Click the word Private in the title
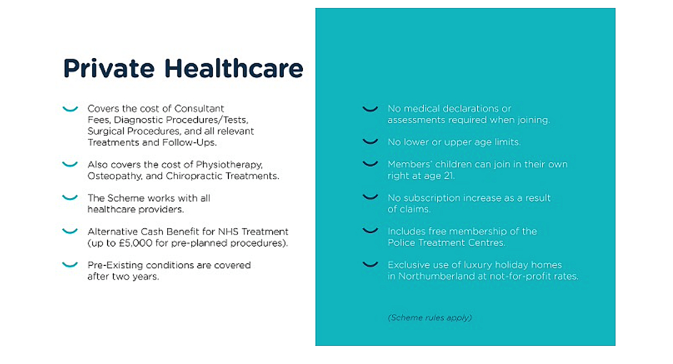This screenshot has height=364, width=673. click(x=109, y=68)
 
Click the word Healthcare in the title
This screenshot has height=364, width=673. click(x=234, y=68)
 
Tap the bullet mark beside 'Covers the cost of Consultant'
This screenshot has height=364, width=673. click(x=70, y=109)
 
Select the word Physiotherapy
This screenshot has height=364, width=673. click(x=229, y=165)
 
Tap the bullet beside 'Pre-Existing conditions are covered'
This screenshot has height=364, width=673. click(x=70, y=265)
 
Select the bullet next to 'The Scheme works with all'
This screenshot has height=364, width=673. click(x=70, y=198)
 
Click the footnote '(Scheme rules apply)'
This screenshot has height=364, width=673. click(x=430, y=318)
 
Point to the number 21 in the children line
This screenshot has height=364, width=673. click(x=449, y=176)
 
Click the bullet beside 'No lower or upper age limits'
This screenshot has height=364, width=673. click(x=371, y=141)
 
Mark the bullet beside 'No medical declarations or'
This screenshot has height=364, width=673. click(x=371, y=109)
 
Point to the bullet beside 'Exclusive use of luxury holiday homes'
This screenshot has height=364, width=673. click(x=371, y=264)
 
